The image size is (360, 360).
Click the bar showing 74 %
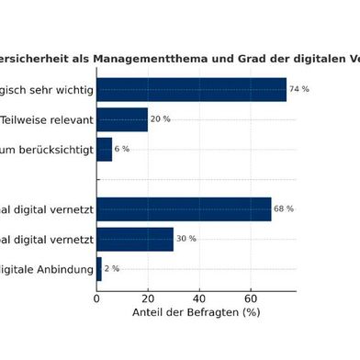[191, 89]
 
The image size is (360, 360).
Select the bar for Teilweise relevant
[122, 119]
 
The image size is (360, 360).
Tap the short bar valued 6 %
[104, 149]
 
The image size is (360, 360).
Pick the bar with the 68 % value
[184, 208]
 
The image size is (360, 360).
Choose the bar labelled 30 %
[135, 239]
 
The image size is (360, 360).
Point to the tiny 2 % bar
[99, 268]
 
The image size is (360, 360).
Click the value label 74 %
[298, 89]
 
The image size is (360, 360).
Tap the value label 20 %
[160, 119]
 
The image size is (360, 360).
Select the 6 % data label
[122, 149]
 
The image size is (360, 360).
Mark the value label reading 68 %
[284, 208]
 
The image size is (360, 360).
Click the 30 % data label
[186, 239]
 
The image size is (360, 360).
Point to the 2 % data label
[112, 268]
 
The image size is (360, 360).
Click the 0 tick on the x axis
[96, 297]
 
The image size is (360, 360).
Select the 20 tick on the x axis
[148, 297]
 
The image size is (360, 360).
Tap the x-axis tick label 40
[199, 297]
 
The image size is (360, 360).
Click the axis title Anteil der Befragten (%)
[197, 313]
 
